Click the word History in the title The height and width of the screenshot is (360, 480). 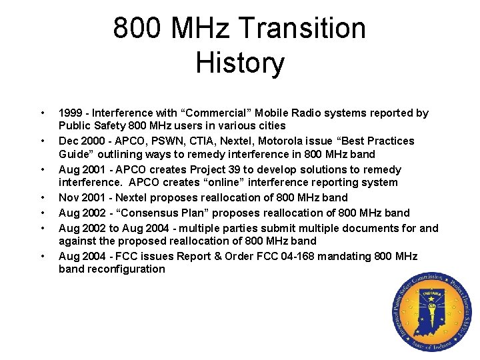240,63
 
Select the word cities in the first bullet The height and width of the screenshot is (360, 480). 270,126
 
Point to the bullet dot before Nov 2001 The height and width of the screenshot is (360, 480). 43,198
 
